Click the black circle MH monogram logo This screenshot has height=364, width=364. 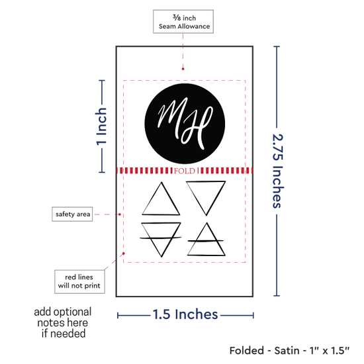185,124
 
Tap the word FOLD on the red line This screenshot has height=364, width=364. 185,171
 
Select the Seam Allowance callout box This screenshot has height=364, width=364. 183,22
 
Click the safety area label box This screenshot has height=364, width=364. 72,214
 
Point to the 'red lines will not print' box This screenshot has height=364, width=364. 79,281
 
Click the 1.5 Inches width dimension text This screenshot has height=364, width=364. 185,314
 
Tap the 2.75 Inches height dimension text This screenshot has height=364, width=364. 278,171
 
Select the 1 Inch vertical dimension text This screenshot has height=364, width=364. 101,126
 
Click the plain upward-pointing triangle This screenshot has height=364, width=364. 161,199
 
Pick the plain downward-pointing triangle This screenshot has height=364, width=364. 206,198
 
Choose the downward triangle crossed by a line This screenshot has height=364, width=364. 161,240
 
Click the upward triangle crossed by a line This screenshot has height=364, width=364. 206,240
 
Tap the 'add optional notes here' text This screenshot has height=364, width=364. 63,323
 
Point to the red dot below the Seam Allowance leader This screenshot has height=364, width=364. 183,69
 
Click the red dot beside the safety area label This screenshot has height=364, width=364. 120,214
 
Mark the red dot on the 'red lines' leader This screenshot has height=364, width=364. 124,253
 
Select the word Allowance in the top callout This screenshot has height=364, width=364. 194,26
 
